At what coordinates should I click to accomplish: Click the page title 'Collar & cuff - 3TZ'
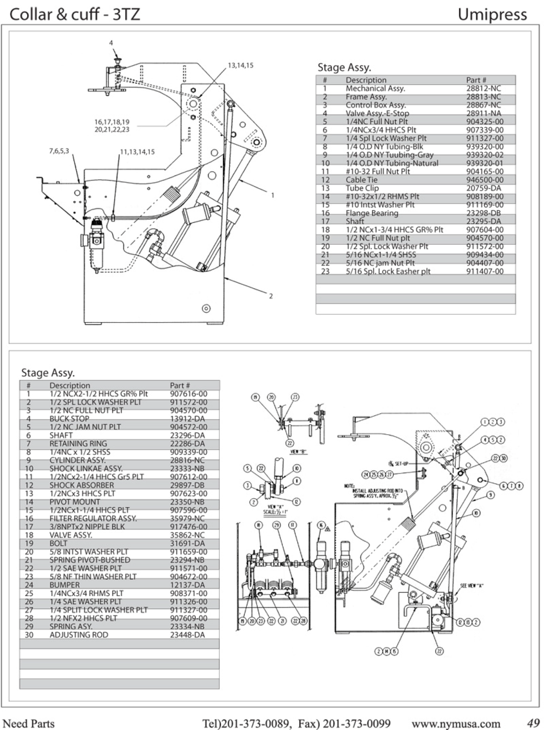coord(74,15)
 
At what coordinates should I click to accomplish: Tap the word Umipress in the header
coord(492,15)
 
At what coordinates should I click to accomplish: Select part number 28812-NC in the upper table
coord(483,88)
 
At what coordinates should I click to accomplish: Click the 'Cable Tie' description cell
coord(362,180)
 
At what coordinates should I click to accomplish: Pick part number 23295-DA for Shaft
coord(483,221)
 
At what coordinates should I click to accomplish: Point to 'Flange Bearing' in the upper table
coord(372,213)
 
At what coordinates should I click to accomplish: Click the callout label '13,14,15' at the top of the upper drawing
coord(241,66)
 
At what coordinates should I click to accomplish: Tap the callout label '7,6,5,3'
coord(59,151)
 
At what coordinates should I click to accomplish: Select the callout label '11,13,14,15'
coord(137,152)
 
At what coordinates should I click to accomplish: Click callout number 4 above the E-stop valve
coord(111,43)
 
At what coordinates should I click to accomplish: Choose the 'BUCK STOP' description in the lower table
coord(69,419)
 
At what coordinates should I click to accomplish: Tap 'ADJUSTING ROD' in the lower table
coord(79,635)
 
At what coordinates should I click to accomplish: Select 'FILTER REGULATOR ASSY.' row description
coord(93,518)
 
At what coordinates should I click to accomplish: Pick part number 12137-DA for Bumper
coord(187,585)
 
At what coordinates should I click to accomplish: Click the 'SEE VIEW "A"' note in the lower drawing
coord(472,586)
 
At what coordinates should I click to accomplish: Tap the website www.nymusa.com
coord(456,723)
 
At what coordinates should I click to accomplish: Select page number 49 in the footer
coord(533,722)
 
